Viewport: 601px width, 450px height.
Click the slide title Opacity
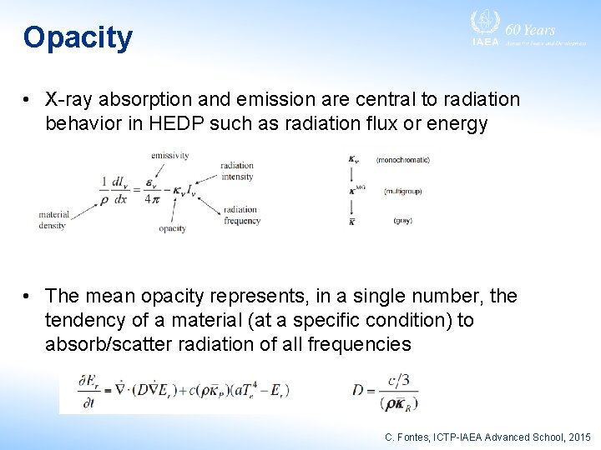coord(78,37)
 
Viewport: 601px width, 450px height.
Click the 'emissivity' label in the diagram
coord(169,155)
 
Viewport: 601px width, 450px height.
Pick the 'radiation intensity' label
coord(237,171)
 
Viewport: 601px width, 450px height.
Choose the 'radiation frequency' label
coord(240,215)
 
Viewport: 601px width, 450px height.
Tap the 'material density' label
coord(53,220)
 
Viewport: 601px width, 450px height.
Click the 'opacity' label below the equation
coord(172,228)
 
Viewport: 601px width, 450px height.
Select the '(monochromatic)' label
coord(403,159)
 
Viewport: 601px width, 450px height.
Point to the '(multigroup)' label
coord(402,191)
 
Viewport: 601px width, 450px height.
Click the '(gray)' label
coord(402,221)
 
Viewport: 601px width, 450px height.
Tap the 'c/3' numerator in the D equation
coord(407,380)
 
